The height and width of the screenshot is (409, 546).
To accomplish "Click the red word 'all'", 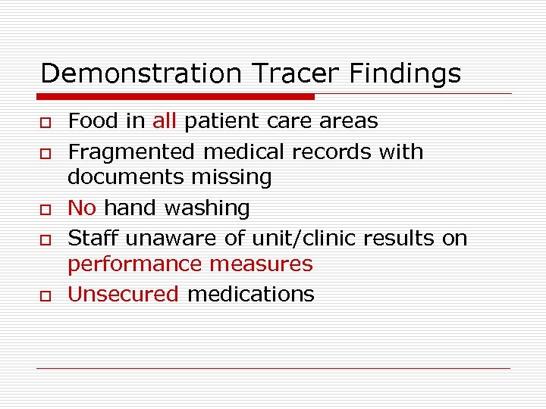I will tap(164, 121).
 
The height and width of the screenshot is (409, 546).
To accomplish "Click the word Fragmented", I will tap(132, 152).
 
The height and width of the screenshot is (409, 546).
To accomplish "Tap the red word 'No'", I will tap(82, 208).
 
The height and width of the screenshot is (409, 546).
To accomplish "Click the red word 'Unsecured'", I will tap(123, 295).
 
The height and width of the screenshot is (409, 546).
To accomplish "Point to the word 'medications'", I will tap(250, 295).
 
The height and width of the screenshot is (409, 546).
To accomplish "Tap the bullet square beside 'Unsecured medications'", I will tap(45, 296).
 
